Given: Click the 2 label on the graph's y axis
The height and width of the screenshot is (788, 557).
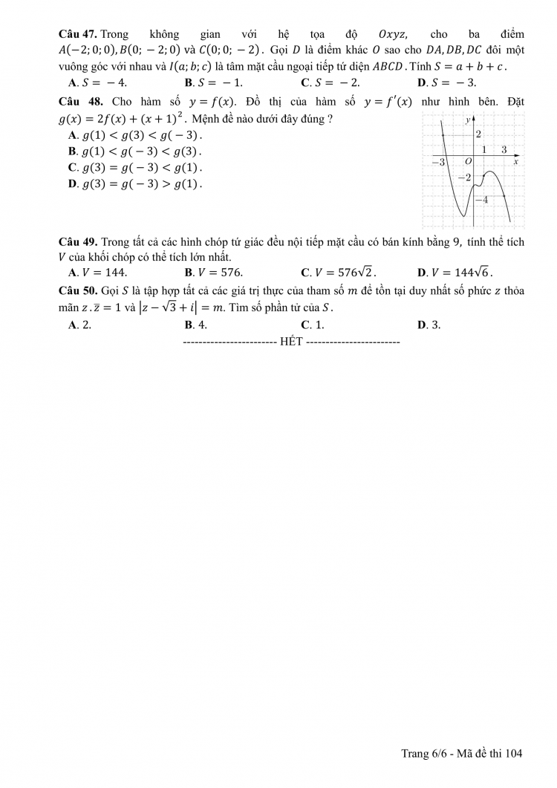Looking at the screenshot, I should point(479,134).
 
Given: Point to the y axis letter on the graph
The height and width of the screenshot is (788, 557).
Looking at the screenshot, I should point(467,119).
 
